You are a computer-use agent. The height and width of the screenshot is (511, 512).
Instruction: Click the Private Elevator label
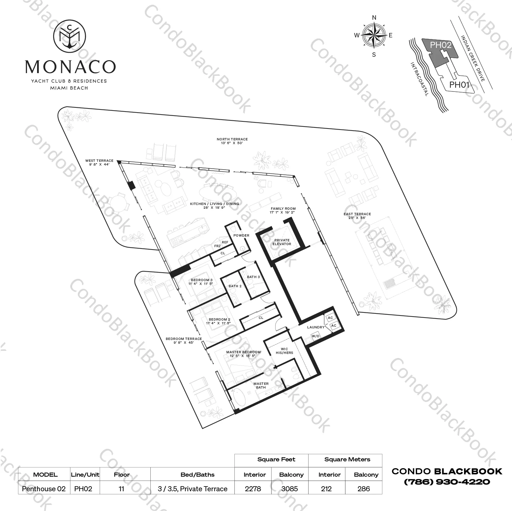(x=282, y=242)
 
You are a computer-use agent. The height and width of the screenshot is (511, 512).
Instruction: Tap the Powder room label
(x=241, y=235)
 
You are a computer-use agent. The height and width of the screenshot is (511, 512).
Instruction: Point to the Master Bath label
(x=261, y=386)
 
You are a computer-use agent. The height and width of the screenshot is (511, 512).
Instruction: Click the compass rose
(x=374, y=35)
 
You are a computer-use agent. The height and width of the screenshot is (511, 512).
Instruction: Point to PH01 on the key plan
(x=459, y=85)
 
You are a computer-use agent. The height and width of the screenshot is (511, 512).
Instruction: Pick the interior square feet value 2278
(x=253, y=489)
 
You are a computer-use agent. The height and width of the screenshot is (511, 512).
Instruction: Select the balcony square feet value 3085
(x=290, y=489)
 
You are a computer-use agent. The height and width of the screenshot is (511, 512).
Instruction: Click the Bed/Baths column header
(x=197, y=475)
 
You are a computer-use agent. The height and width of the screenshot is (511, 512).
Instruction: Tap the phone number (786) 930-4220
(x=447, y=482)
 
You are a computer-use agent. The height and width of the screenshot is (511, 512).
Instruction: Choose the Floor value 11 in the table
(x=121, y=489)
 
